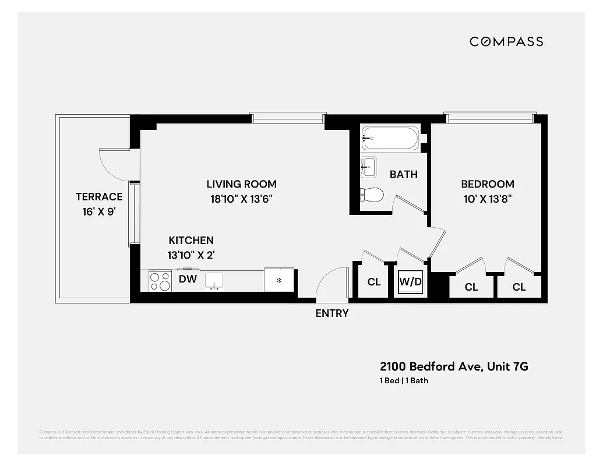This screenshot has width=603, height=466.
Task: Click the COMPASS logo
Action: coord(506,41)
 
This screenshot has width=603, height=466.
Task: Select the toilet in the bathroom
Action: coord(371,195)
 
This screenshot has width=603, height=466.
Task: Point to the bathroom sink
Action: coord(368,166)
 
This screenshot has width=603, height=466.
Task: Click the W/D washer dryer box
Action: coord(410,282)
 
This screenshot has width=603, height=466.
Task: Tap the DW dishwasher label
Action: coord(188,280)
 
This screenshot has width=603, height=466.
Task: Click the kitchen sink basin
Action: coord(214,280)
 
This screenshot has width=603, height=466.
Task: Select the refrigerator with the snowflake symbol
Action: coord(279,280)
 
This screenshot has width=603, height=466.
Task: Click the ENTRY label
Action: coord(332,313)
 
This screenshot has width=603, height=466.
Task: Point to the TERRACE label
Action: coord(99,197)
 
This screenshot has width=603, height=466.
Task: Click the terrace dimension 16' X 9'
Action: coord(99,212)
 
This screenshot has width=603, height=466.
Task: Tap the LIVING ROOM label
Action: coord(241,184)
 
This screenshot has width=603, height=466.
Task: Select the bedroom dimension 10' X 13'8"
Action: coord(488,199)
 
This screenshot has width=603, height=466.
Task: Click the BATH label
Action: coord(403,174)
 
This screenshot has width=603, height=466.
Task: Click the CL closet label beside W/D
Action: coord(373,283)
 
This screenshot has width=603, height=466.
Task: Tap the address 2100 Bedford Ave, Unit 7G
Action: coord(454,366)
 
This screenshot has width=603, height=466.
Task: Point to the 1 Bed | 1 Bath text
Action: coord(404,381)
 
